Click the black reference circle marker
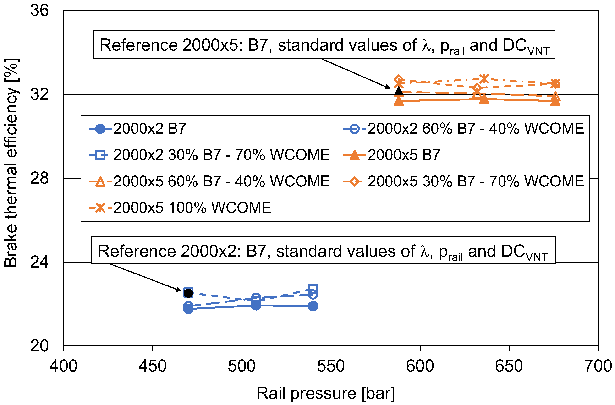click(188, 293)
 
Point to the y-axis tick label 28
click(39, 178)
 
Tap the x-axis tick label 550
click(331, 366)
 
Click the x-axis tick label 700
click(598, 366)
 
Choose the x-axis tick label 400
click(64, 366)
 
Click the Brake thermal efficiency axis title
click(11, 163)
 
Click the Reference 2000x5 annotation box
click(324, 45)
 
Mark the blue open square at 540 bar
click(313, 288)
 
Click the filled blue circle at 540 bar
click(313, 306)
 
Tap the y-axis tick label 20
click(39, 346)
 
